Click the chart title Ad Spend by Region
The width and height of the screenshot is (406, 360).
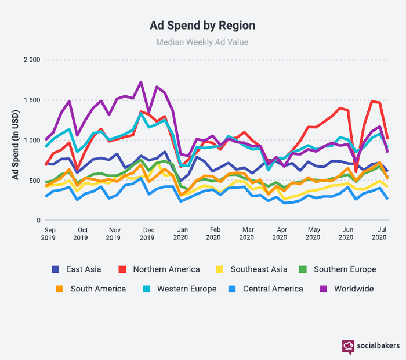point(202,26)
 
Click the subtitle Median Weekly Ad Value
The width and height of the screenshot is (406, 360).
point(202,42)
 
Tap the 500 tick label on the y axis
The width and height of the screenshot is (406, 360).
point(33,180)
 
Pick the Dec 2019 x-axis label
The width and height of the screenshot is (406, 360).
point(147,233)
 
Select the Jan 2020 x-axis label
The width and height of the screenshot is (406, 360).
point(182,233)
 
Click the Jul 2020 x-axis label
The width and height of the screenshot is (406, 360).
point(379,233)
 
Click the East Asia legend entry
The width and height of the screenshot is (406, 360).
point(83,269)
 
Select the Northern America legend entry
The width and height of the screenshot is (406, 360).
point(166,269)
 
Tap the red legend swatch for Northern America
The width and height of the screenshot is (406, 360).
point(123,269)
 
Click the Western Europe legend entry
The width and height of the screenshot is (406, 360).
point(186,289)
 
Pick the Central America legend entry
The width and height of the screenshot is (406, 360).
point(273,289)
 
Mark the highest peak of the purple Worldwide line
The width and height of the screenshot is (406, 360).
point(141,82)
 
